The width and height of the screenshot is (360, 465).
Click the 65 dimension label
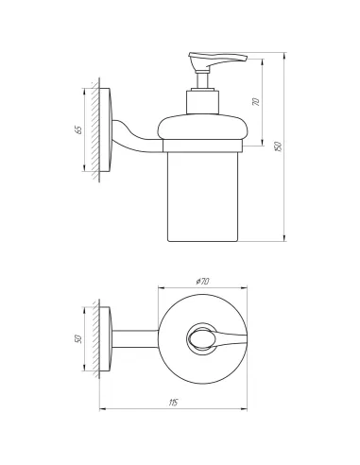coord(79,129)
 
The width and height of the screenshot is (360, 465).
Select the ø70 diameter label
coord(200,283)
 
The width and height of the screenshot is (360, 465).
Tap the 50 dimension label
coord(78,337)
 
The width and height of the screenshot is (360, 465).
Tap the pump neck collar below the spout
coord(202,100)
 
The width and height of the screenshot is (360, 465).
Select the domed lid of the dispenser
coord(202,129)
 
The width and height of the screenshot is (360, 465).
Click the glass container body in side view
coord(202,194)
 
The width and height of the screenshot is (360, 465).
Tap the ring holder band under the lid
coord(202,147)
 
